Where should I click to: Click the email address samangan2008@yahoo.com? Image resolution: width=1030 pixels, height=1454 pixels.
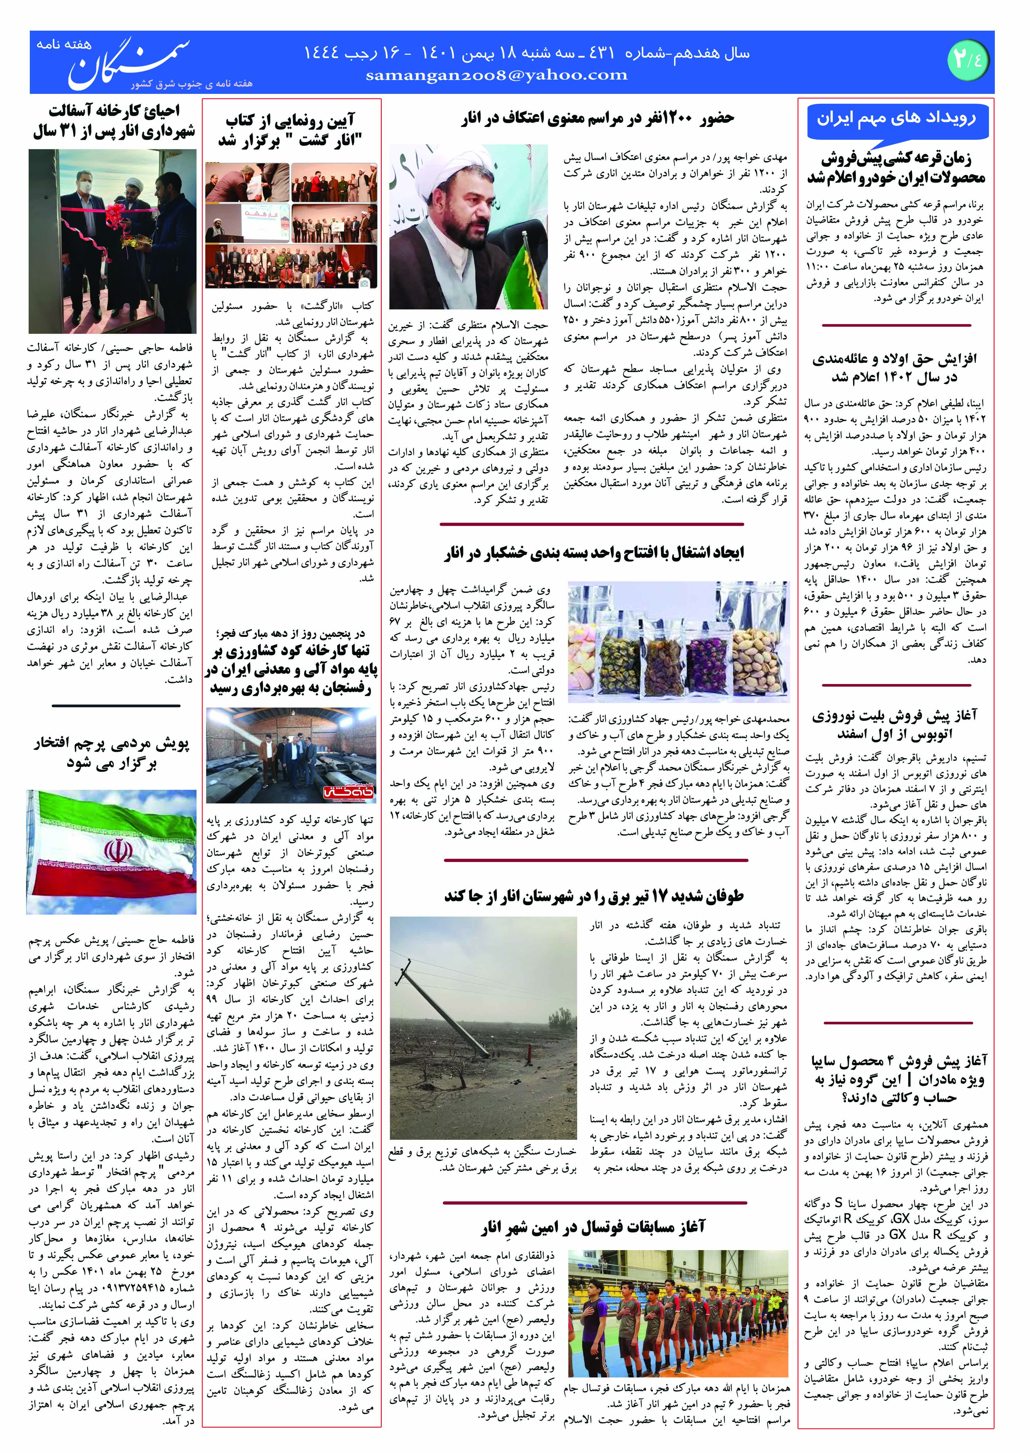click(x=497, y=75)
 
